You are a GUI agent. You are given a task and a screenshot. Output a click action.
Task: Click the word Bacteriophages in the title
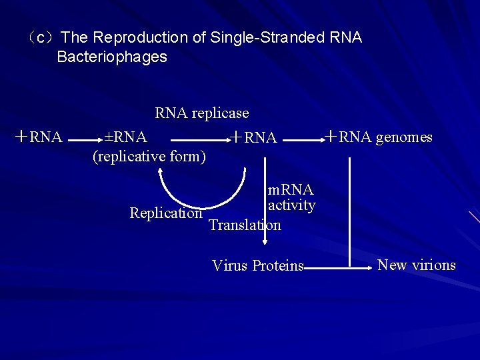pyautogui.click(x=112, y=57)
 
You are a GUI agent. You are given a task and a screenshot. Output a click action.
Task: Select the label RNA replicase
pyautogui.click(x=202, y=113)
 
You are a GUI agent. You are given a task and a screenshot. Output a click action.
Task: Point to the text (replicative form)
pyautogui.click(x=149, y=157)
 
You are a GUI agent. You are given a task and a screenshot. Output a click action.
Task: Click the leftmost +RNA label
pyautogui.click(x=39, y=137)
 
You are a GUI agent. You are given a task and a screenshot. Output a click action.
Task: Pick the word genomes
pyautogui.click(x=404, y=137)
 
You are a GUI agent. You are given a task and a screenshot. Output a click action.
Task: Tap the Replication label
pyautogui.click(x=166, y=213)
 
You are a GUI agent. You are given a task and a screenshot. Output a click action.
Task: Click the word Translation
pyautogui.click(x=245, y=225)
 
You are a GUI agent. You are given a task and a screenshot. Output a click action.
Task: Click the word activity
pyautogui.click(x=291, y=205)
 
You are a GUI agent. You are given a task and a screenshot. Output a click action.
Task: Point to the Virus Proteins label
pyautogui.click(x=257, y=266)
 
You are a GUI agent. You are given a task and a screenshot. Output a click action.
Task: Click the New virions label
pyautogui.click(x=417, y=265)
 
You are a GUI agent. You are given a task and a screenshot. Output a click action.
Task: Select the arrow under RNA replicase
pyautogui.click(x=200, y=141)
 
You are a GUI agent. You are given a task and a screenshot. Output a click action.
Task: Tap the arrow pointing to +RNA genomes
pyautogui.click(x=303, y=141)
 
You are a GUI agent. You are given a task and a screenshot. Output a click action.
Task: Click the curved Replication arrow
pyautogui.click(x=200, y=200)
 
